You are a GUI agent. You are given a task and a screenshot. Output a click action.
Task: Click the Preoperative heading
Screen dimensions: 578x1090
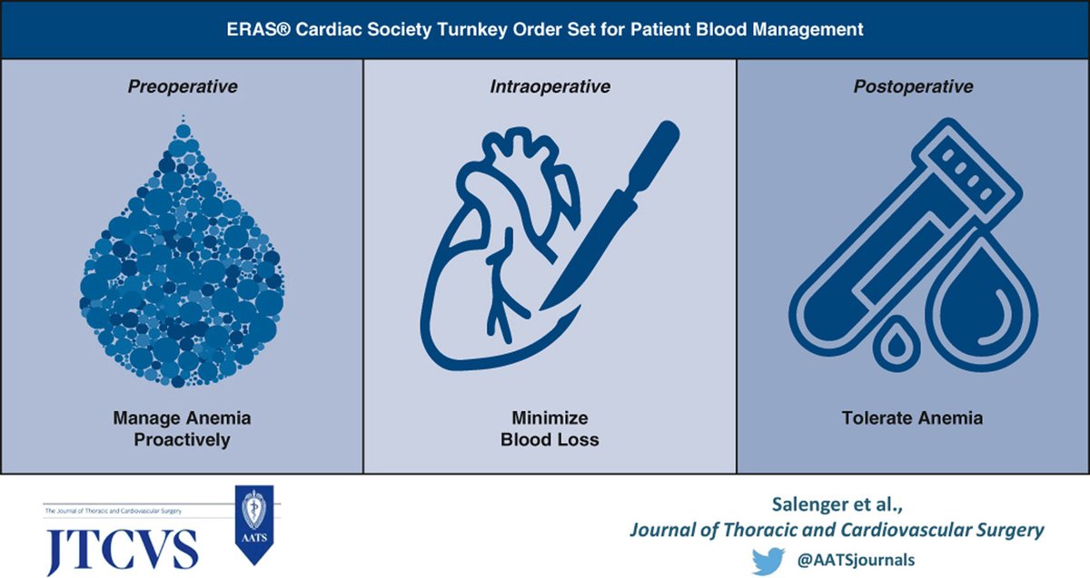point(183,87)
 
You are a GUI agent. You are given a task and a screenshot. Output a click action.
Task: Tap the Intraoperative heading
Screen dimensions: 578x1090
point(550,87)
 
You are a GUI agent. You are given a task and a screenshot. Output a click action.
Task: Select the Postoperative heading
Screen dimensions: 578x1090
point(913,87)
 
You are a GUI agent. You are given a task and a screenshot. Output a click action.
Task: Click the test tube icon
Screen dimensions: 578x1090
point(872,236)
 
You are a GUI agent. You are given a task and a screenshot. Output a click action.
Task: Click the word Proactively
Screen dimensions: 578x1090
point(182,440)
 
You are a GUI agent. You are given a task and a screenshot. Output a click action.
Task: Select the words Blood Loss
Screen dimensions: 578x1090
point(550,440)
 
